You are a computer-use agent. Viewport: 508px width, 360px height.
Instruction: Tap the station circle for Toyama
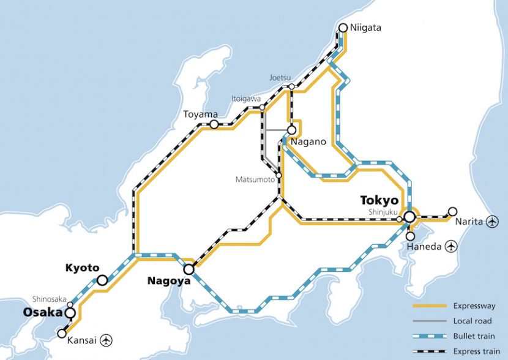(x=214, y=124)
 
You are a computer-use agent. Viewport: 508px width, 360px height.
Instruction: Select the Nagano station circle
(x=292, y=130)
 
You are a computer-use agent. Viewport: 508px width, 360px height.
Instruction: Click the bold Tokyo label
(x=379, y=200)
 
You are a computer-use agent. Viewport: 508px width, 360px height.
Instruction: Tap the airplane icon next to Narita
(x=491, y=222)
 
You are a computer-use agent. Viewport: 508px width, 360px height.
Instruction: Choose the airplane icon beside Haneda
(x=452, y=246)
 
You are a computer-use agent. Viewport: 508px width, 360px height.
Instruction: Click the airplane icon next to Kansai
(x=107, y=339)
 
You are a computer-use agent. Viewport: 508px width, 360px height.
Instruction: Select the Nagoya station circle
(x=189, y=269)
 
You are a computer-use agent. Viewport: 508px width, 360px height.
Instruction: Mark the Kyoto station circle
(x=102, y=280)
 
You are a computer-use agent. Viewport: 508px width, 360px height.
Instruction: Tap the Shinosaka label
(x=50, y=299)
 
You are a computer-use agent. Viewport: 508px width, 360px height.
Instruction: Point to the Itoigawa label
(x=246, y=98)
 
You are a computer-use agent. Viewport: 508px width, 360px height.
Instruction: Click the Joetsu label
(x=280, y=78)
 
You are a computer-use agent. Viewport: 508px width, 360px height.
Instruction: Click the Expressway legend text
(x=475, y=306)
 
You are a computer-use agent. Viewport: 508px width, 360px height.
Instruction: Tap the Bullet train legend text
(x=474, y=336)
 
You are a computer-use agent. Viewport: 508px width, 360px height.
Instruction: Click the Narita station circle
(x=452, y=211)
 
